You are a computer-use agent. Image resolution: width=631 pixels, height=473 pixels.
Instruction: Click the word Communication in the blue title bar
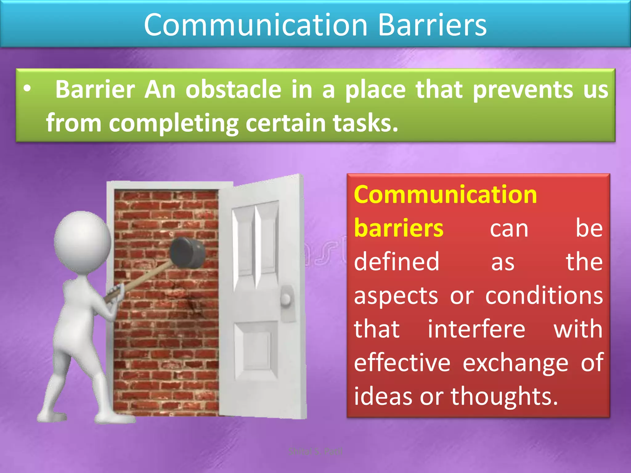click(x=256, y=25)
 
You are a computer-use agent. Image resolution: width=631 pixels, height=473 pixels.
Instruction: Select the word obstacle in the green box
click(x=233, y=90)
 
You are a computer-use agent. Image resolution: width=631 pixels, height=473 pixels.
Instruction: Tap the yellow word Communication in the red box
click(x=445, y=195)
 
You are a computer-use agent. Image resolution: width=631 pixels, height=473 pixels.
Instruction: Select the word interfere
click(x=476, y=329)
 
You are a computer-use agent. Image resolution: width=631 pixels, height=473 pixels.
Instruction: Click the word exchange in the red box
click(x=515, y=363)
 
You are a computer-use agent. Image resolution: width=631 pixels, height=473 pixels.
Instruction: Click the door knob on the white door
click(x=287, y=298)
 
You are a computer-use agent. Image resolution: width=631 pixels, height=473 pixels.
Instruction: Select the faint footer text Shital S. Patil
click(x=315, y=451)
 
